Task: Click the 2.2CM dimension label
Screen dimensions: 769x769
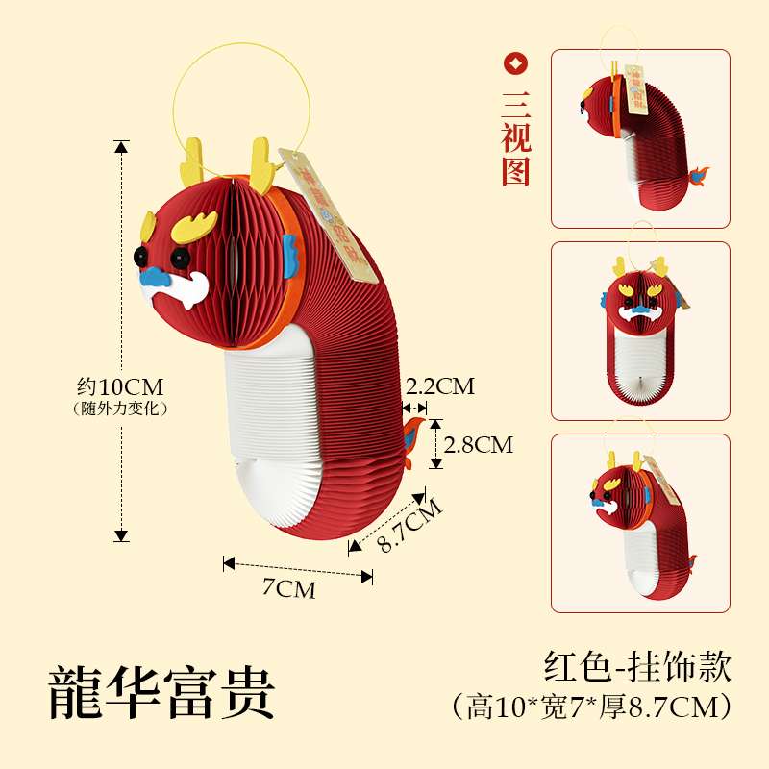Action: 440,386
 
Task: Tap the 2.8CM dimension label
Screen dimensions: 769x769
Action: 479,444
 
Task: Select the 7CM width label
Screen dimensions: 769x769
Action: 289,589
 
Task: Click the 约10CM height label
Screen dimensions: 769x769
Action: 121,387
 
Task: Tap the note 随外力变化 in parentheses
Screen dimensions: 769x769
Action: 121,409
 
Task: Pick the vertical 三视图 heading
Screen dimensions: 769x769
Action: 516,137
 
